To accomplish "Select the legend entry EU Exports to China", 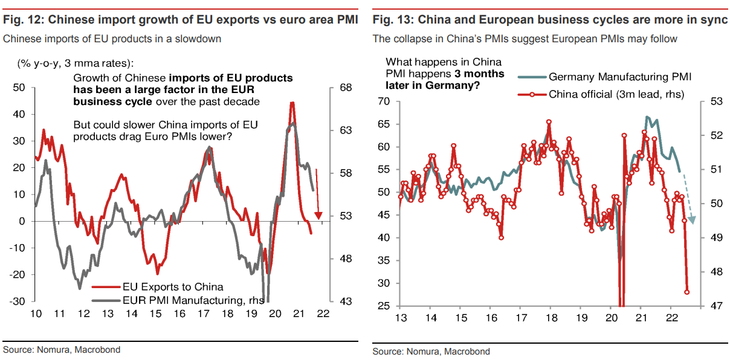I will [x=173, y=287].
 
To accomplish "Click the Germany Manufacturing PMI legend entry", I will [x=620, y=77].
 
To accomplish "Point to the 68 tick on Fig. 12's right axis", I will [x=346, y=88].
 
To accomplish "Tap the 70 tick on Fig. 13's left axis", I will [x=383, y=101].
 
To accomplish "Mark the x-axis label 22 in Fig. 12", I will [x=322, y=314].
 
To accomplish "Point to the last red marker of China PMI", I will [x=687, y=292].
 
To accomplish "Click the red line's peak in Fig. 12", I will [x=292, y=103].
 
